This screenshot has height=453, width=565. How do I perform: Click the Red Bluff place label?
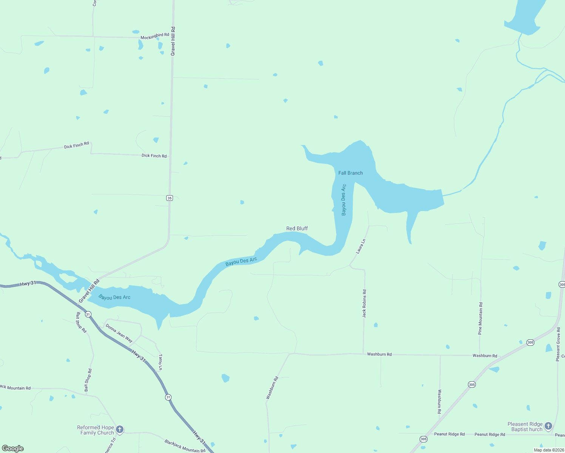click(x=297, y=228)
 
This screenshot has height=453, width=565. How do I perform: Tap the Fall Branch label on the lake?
click(x=350, y=173)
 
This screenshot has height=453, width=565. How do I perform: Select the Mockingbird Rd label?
click(x=155, y=36)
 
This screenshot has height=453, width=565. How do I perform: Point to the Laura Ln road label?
click(x=361, y=246)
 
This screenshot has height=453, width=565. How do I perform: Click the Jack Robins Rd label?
click(x=364, y=304)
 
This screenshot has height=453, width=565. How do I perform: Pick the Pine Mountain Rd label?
click(x=480, y=318)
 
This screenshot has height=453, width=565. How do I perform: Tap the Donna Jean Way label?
click(x=119, y=333)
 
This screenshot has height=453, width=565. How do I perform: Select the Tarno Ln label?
click(x=161, y=362)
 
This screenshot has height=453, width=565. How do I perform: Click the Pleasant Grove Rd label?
click(x=558, y=344)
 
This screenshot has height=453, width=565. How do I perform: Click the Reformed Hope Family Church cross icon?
click(x=120, y=429)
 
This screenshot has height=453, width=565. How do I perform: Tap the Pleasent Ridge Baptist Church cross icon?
click(x=548, y=426)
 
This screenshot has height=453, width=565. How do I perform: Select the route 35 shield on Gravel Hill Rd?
click(x=170, y=198)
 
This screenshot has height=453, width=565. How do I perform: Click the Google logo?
click(x=13, y=448)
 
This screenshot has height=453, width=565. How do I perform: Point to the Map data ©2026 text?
click(x=548, y=450)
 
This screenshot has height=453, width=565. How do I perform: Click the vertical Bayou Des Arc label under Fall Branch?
click(x=344, y=200)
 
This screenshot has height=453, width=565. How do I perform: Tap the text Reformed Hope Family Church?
click(x=96, y=430)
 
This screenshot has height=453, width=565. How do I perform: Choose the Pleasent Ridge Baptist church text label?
click(x=525, y=427)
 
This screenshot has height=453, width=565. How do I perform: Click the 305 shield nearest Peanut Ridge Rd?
click(x=423, y=439)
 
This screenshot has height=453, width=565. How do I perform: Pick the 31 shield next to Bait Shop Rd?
click(x=88, y=314)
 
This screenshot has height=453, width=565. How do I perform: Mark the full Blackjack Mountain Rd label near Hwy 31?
click(x=185, y=446)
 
